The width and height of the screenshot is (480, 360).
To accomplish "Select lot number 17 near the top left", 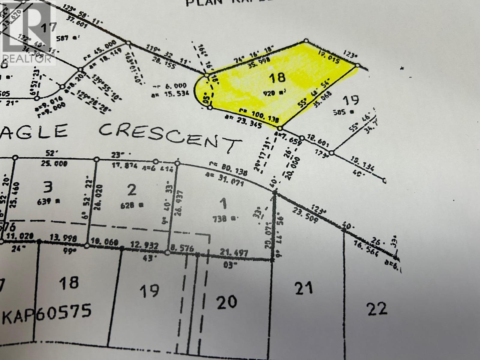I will pos(48,27).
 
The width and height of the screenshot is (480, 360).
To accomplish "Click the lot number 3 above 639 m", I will pos(48,187).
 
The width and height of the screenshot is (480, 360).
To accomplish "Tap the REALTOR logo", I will pos(28,32).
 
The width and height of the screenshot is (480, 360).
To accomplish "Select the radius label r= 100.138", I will pos(259,115).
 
